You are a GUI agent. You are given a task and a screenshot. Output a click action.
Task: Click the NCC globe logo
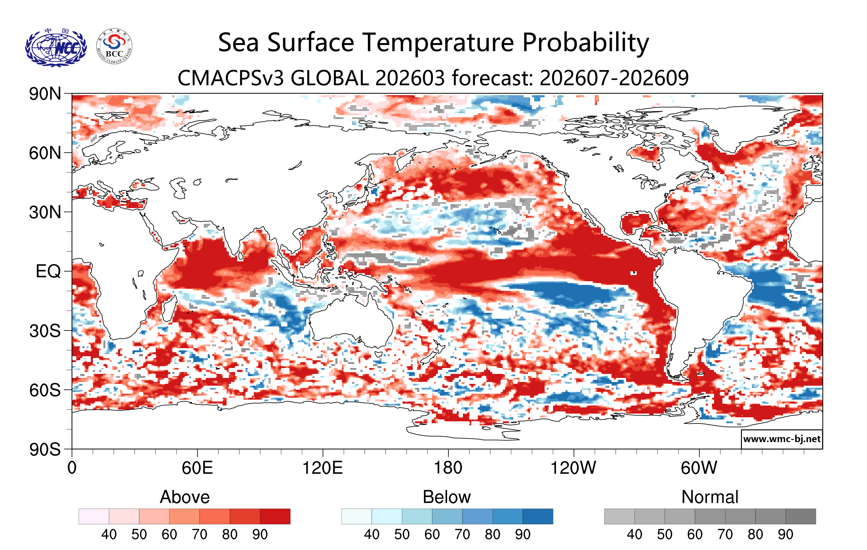[x=56, y=47]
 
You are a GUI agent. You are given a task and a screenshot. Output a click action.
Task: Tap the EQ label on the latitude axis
[x=48, y=271]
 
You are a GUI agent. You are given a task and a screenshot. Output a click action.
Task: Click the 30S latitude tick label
[x=45, y=331]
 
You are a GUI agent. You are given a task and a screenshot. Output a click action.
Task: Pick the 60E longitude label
[x=197, y=468]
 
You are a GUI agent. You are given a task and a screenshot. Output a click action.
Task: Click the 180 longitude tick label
[x=448, y=468]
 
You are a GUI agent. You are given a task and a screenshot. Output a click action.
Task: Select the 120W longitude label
[x=573, y=468]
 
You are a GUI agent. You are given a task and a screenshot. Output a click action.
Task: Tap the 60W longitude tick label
[x=699, y=468]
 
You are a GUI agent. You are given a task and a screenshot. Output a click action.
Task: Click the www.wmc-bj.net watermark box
[x=782, y=439]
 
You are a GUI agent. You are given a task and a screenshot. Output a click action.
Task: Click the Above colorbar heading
[x=185, y=497]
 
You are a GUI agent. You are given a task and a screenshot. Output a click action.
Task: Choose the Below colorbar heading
[x=447, y=497]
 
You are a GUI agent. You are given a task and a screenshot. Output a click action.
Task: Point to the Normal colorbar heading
[x=710, y=497]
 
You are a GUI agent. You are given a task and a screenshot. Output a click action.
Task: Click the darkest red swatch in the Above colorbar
[x=275, y=517]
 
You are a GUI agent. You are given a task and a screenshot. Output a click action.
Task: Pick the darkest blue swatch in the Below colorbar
[x=538, y=517]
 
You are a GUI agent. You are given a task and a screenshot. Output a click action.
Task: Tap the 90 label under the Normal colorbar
[x=785, y=534]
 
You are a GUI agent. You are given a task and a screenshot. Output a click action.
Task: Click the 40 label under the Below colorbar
[x=372, y=534]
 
